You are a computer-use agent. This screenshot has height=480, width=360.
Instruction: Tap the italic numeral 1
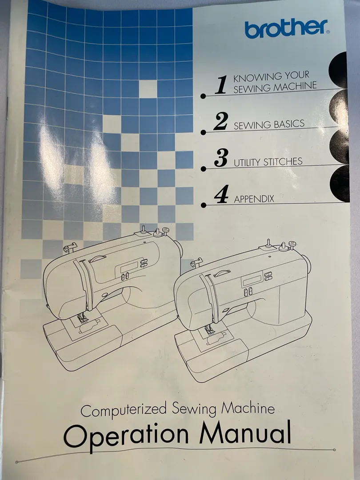221,85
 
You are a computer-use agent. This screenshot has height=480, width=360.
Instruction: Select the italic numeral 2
221,121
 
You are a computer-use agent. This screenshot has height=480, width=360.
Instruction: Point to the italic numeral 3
221,158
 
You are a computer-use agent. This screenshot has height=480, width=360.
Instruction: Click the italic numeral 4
221,194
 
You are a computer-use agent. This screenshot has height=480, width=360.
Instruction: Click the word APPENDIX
254,199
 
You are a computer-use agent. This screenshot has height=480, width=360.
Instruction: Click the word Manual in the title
245,432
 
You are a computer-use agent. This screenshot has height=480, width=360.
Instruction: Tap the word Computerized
124,410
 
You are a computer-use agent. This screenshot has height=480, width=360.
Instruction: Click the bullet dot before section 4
203,205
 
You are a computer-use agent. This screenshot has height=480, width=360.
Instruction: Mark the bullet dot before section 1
203,96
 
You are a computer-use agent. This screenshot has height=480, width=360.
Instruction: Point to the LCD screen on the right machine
252,280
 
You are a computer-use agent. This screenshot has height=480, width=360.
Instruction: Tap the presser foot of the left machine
82,318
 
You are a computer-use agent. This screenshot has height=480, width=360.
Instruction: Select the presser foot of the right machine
209,330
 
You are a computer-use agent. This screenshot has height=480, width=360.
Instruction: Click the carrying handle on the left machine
97,259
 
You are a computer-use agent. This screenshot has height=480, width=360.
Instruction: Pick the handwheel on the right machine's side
307,264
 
